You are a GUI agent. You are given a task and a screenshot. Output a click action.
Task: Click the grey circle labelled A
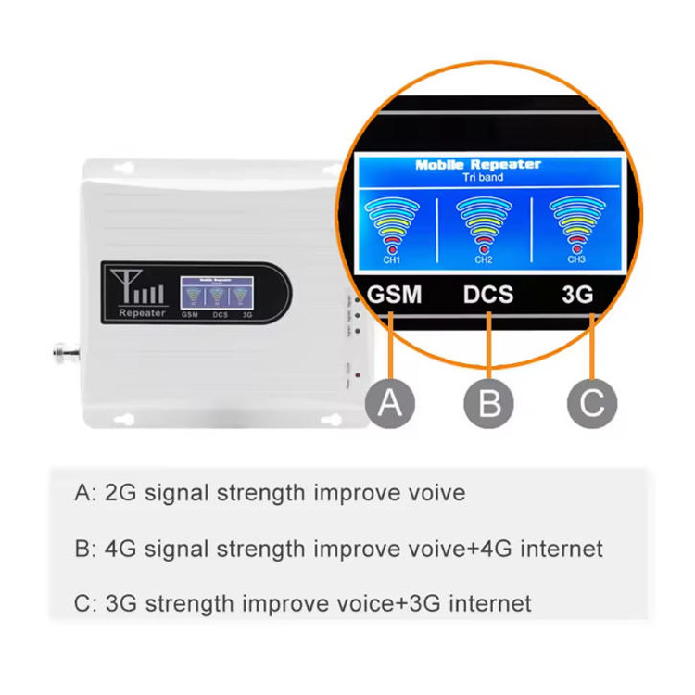(x=390, y=403)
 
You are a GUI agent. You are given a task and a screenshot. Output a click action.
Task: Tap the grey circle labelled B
(x=489, y=403)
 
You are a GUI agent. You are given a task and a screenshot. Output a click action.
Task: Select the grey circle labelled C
(x=592, y=403)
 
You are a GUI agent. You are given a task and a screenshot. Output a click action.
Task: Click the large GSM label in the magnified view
(x=396, y=296)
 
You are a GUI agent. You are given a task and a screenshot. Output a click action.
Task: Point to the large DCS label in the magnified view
(x=488, y=296)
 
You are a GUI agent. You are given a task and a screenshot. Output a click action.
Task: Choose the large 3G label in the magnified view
(x=576, y=296)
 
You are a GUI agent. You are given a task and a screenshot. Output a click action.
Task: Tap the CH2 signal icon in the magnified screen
(x=484, y=226)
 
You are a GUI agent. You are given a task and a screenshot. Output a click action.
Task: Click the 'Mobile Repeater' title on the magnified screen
(x=477, y=165)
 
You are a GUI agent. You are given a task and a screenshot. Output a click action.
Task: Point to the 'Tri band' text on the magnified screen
(x=483, y=177)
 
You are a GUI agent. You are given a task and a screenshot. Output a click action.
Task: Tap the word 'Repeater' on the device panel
(x=142, y=313)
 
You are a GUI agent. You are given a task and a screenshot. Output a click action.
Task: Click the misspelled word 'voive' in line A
(x=434, y=492)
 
